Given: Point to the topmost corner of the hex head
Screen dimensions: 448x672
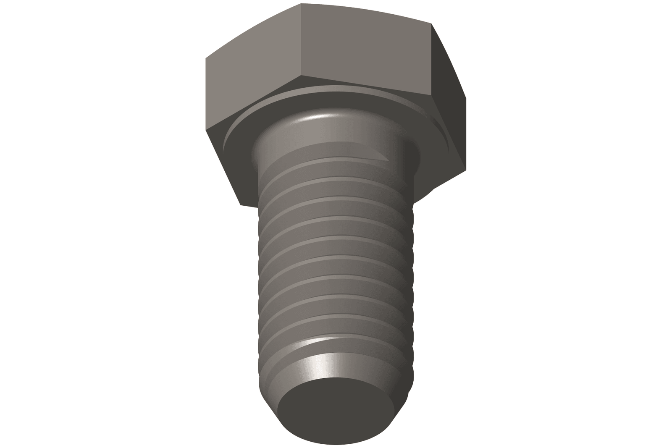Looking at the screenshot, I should pos(301,4).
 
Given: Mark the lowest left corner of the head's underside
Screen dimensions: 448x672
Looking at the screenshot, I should pos(240,205).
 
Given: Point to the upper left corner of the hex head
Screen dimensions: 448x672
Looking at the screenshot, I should pos(205,58).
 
